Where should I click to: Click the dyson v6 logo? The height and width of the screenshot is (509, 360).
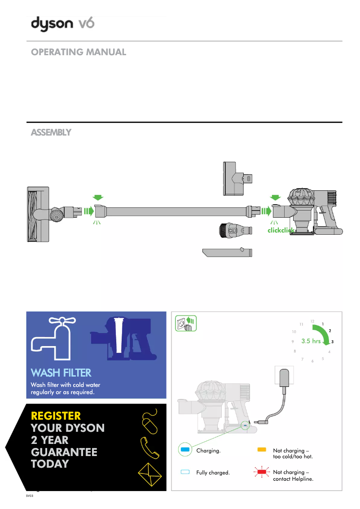(x=62, y=24)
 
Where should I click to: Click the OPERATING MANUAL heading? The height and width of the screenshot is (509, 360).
(x=79, y=52)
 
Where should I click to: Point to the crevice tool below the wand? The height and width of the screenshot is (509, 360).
(x=227, y=252)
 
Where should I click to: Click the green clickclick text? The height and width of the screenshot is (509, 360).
(x=281, y=230)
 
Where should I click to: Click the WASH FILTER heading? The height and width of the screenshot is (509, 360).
(x=61, y=373)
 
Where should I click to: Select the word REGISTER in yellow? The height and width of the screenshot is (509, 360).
(x=56, y=416)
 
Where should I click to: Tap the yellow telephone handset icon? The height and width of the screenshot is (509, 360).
(x=149, y=446)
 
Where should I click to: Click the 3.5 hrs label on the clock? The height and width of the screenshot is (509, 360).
(x=311, y=341)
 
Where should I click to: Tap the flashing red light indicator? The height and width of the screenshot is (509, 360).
(x=261, y=473)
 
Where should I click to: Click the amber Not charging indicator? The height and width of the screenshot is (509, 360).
(x=262, y=449)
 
